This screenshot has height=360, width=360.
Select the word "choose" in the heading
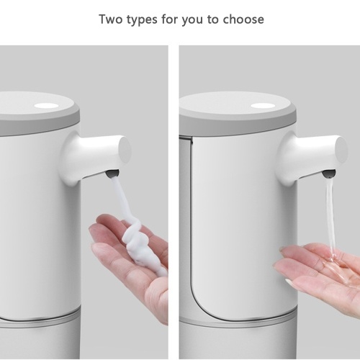[x=243, y=19]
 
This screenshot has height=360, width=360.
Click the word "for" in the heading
[x=169, y=19]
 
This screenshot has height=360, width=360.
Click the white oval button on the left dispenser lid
[x=47, y=106]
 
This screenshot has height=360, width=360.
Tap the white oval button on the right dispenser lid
[x=263, y=106]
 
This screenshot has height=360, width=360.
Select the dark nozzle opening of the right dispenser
[x=329, y=174]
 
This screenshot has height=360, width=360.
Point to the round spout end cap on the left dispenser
[x=125, y=150]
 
